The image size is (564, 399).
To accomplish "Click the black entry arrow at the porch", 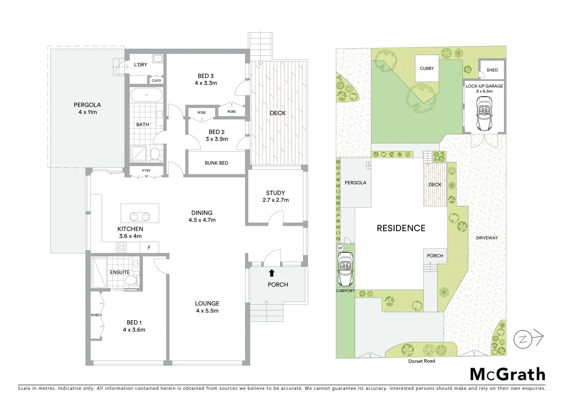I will [x=272, y=273].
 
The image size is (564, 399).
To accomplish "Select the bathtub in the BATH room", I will [x=146, y=95].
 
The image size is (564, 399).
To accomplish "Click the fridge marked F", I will [x=149, y=248].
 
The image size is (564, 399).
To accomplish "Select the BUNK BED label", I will [x=216, y=163].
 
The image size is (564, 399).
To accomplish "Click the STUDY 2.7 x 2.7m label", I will [x=275, y=196].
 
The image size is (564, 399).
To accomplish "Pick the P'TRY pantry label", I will [x=146, y=171].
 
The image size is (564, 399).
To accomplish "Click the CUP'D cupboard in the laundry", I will [x=156, y=81].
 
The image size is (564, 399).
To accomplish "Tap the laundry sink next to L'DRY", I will [x=158, y=58].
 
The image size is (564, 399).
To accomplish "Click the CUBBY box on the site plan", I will [x=427, y=68].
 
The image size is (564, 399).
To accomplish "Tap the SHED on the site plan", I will [x=492, y=70].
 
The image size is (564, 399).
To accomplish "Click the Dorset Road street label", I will [x=422, y=361].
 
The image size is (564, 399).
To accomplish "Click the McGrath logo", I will [x=508, y=374].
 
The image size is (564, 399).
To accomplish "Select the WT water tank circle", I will [x=340, y=248].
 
